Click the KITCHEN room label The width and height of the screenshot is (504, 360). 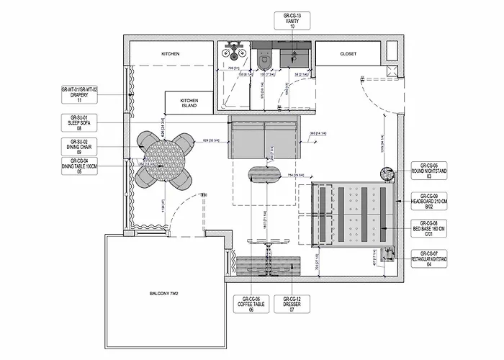[x=171, y=54]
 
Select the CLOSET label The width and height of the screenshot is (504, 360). [x=348, y=53]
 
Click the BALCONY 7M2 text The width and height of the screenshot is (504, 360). [x=164, y=294]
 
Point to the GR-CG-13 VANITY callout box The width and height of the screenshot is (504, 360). [x=292, y=20]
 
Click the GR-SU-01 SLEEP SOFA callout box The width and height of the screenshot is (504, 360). [x=78, y=122]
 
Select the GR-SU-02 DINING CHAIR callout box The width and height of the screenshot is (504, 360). [x=78, y=146]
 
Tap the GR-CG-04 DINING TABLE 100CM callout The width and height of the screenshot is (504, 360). [x=78, y=168]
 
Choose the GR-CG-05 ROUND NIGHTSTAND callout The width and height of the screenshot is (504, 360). [x=430, y=170]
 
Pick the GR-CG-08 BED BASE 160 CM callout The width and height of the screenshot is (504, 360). [x=430, y=228]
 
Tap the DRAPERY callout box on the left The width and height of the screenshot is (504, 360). [x=78, y=95]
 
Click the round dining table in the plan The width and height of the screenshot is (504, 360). [x=164, y=159]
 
